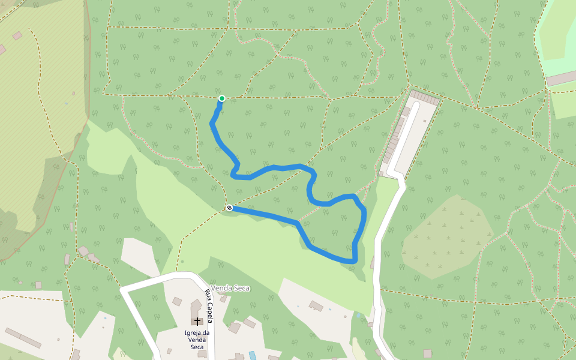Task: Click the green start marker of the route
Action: pyautogui.click(x=222, y=98)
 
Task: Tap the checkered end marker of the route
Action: pyautogui.click(x=229, y=208)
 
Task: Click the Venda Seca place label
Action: pyautogui.click(x=230, y=288)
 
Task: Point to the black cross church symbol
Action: pyautogui.click(x=197, y=322)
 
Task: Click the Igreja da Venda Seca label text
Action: pyautogui.click(x=197, y=340)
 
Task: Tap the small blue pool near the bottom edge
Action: pyautogui.click(x=252, y=355)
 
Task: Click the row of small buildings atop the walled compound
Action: pyautogui.click(x=424, y=96)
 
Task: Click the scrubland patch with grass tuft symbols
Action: pyautogui.click(x=447, y=237)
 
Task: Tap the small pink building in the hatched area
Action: pyautogui.click(x=17, y=35)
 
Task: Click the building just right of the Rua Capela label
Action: pyautogui.click(x=223, y=298)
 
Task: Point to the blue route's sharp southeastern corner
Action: pyautogui.click(x=355, y=261)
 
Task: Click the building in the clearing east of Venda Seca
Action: pyautogui.click(x=316, y=307)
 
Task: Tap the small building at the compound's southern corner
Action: pyautogui.click(x=380, y=174)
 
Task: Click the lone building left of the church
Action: pyautogui.click(x=177, y=301)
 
